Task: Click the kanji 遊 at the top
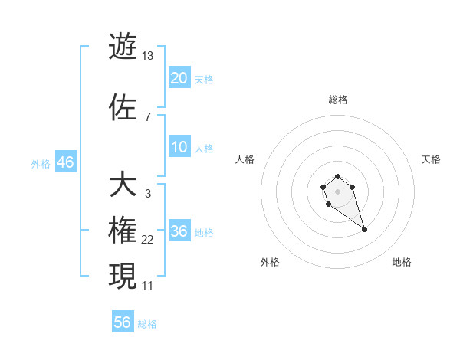[x=123, y=47]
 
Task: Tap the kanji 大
[x=123, y=185]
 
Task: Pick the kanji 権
[x=123, y=231]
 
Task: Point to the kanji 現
[x=123, y=276]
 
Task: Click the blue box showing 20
[x=179, y=77]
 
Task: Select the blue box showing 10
[x=179, y=147]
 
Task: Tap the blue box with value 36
[x=179, y=231]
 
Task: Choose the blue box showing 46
[x=65, y=162]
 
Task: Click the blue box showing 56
[x=123, y=322]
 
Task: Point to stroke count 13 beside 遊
[x=147, y=56]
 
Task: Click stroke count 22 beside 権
[x=148, y=240]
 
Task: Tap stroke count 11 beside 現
[x=148, y=285]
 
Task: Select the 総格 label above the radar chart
[x=338, y=100]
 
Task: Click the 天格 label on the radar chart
[x=431, y=159]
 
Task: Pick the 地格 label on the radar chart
[x=402, y=262]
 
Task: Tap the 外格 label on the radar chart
[x=270, y=262]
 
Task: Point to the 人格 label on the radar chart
[x=245, y=159]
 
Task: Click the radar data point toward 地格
[x=364, y=229]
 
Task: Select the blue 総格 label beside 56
[x=147, y=324]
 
